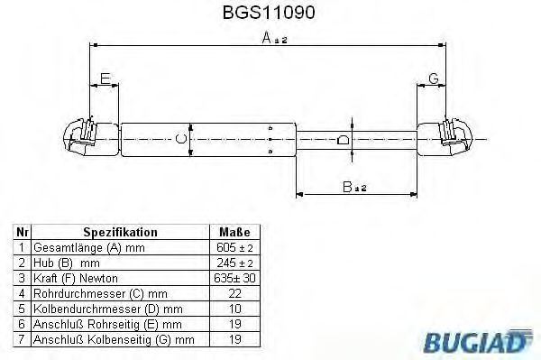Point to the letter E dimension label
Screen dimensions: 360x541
(105, 79)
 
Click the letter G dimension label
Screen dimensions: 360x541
(434, 79)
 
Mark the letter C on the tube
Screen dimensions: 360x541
(180, 138)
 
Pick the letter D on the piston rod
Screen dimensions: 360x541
(342, 140)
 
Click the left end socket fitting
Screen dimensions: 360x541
(80, 137)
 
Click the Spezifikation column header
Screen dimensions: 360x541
(120, 232)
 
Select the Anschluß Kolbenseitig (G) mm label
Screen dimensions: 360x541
(114, 339)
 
